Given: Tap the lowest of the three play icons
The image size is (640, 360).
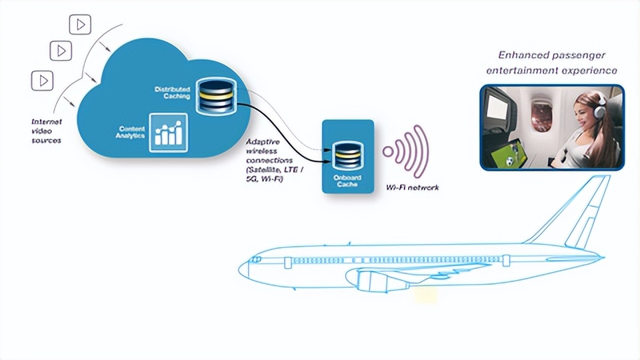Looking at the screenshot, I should (x=42, y=81).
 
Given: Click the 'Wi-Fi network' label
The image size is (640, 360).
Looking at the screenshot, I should (x=413, y=188).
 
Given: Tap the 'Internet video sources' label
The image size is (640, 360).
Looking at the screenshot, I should (x=46, y=131).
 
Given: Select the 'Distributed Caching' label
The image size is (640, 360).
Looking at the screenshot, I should (x=172, y=93).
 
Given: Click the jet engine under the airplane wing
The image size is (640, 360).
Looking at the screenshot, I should (x=373, y=281).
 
